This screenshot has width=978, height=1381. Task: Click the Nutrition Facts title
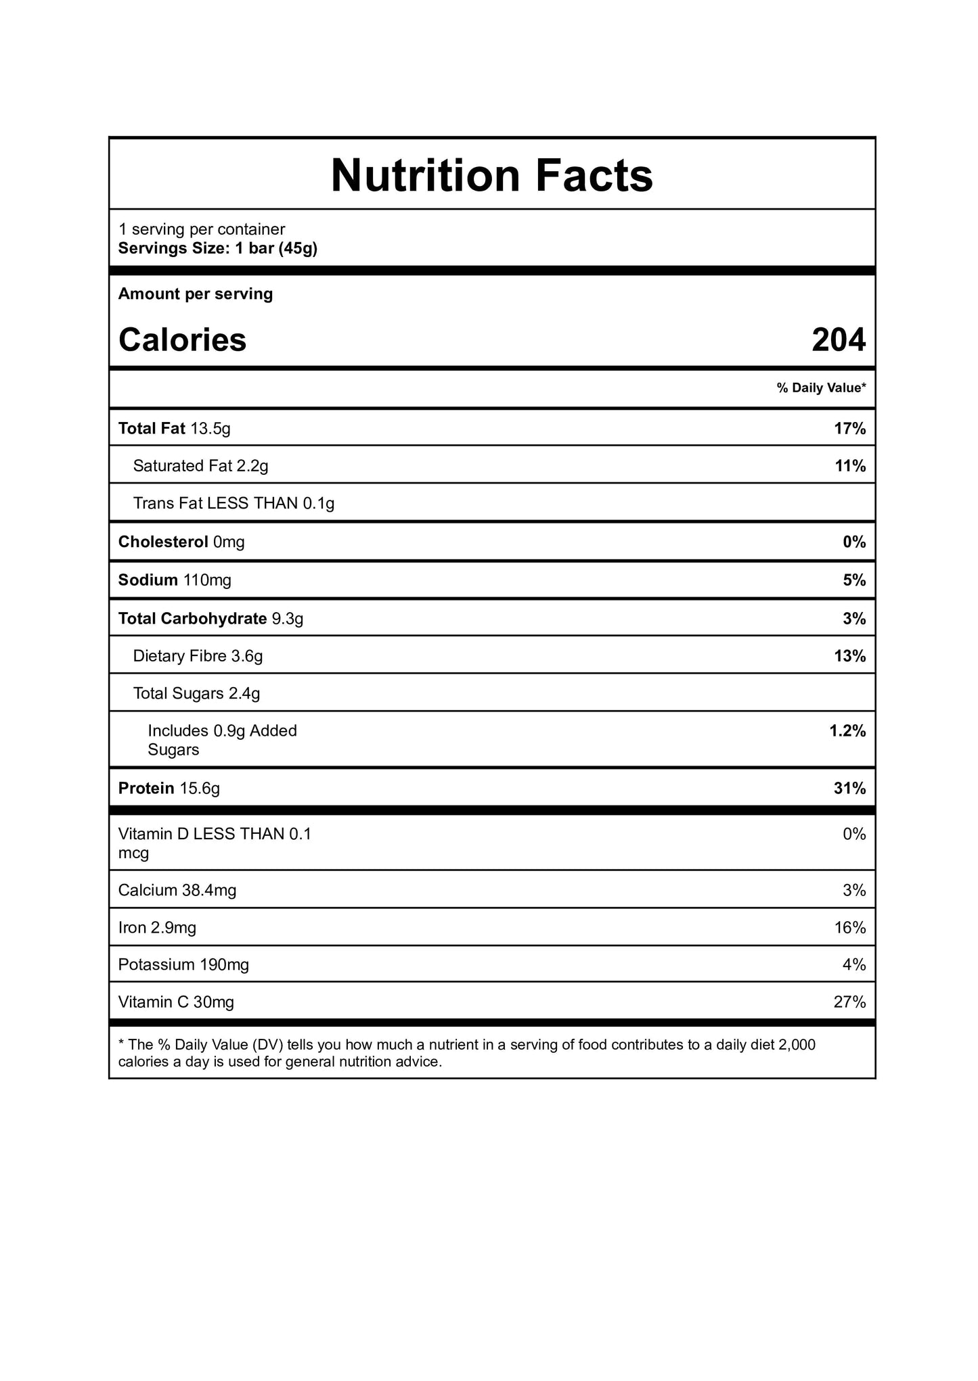point(492,175)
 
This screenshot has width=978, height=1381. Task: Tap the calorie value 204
point(839,340)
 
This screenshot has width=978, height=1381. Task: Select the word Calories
point(182,340)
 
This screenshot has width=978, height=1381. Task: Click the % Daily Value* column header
point(821,388)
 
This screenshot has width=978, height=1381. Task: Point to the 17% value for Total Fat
point(849,429)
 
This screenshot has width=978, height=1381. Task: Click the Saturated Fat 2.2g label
point(200,466)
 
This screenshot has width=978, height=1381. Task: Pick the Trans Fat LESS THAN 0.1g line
point(234,503)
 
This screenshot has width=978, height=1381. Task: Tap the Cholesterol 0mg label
point(181,542)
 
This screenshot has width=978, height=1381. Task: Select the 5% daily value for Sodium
point(854,580)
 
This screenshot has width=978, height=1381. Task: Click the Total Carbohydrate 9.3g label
point(210,619)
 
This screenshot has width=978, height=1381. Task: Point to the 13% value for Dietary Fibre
point(849,656)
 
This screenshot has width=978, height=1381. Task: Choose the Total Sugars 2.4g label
point(196,693)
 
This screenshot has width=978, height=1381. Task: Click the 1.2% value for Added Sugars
point(847,731)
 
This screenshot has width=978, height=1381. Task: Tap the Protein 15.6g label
point(169,789)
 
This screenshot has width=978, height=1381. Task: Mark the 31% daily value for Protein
point(849,789)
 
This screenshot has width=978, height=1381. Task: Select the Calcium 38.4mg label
point(177,891)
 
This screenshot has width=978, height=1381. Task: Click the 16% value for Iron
point(849,928)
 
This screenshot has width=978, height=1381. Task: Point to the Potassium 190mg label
point(183,965)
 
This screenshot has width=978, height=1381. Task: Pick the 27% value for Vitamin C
point(849,1002)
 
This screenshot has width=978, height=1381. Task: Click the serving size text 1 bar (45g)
point(276,248)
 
